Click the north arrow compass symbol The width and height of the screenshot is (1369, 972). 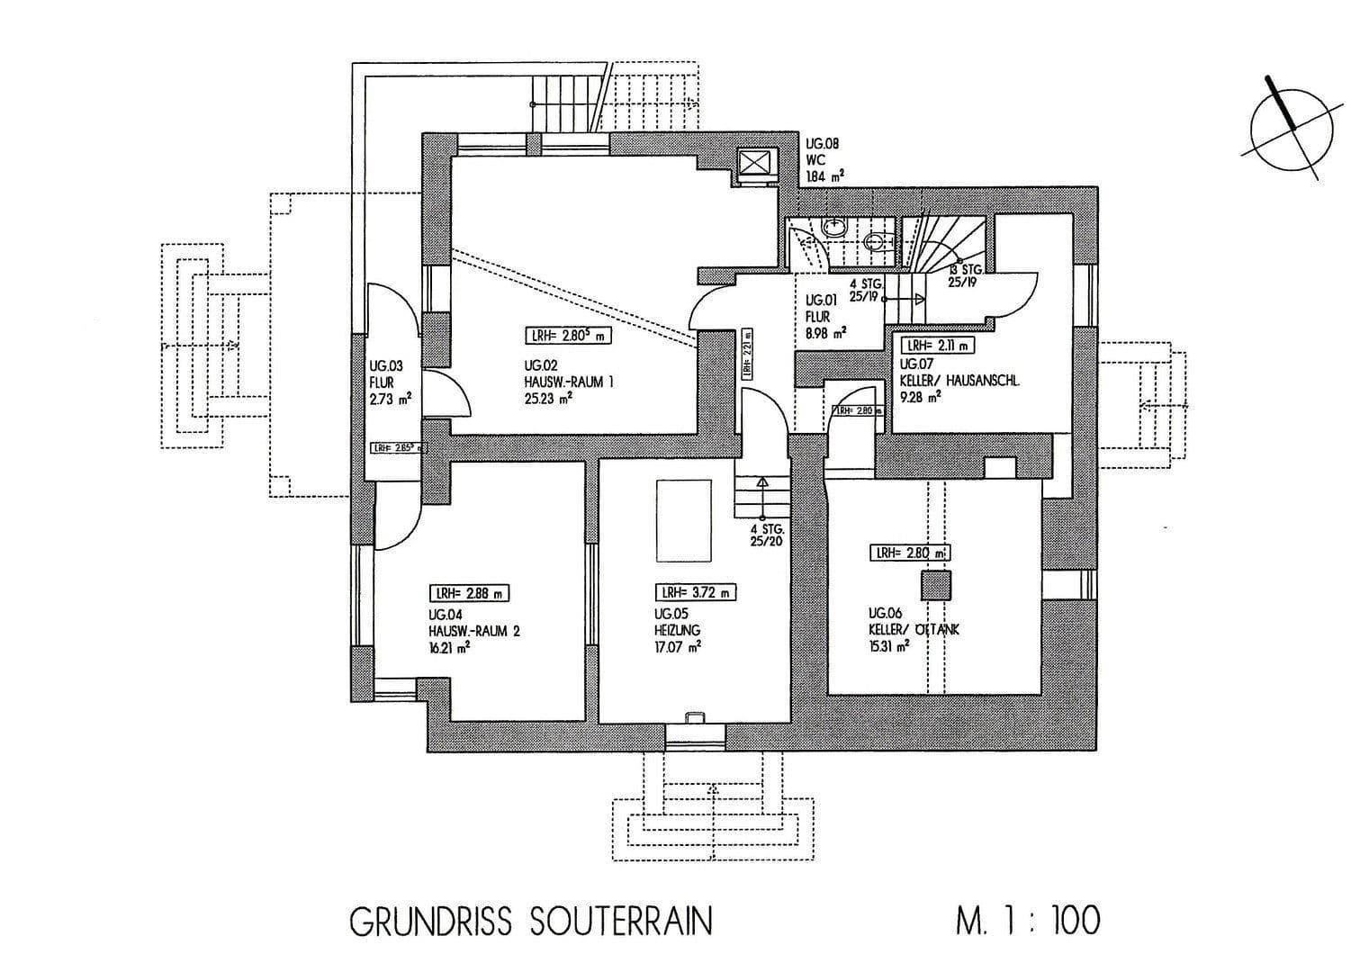[x=1292, y=130]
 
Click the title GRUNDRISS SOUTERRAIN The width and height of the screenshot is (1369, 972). [x=530, y=922]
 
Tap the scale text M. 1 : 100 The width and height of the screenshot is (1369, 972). [x=1027, y=922]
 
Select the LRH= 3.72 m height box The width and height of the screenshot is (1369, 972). [x=695, y=593]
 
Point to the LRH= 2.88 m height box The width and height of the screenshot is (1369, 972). [x=469, y=593]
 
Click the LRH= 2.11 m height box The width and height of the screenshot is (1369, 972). [x=937, y=345]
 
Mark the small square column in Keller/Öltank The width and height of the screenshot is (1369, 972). [x=935, y=585]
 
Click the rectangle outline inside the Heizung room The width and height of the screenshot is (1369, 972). [x=685, y=519]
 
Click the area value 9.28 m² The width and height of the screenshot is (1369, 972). [x=920, y=396]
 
